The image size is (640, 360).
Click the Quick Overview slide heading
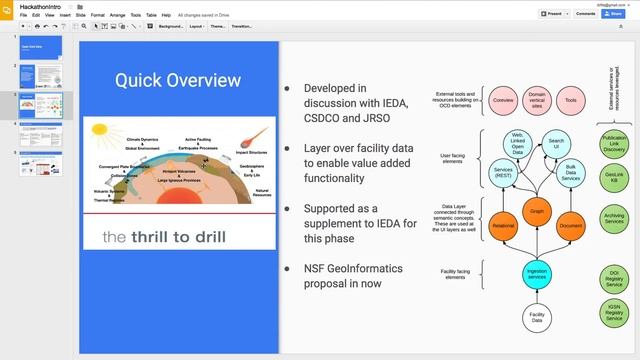[177, 80]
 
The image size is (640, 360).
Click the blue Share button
[616, 14]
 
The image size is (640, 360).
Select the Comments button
[585, 14]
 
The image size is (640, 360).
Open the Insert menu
[64, 15]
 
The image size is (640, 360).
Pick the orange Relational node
[503, 227]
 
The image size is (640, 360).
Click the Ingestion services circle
[537, 272]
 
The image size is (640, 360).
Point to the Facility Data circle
[537, 318]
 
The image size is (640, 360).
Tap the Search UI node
[556, 145]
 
